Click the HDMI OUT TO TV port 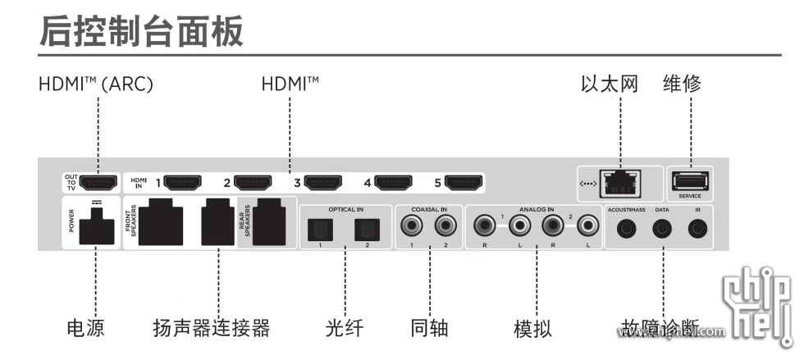tap(98, 180)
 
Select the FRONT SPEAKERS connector tap(160, 221)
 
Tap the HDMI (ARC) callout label tap(96, 84)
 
